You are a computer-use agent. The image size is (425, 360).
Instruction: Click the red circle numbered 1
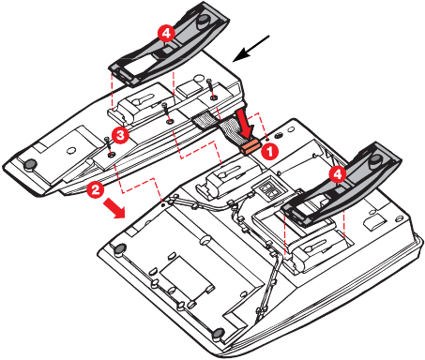point(269,151)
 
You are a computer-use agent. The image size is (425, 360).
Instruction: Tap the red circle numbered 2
point(96,189)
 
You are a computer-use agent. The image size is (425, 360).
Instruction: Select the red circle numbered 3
point(120,136)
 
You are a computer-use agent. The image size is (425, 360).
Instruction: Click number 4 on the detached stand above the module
point(166,33)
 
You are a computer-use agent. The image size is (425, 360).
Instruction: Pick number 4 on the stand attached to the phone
point(338,173)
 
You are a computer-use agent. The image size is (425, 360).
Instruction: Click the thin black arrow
point(251,48)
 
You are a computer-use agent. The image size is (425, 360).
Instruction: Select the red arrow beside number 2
point(114,209)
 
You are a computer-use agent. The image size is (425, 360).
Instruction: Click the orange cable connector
point(250,146)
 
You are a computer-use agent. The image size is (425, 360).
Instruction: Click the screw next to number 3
point(109,147)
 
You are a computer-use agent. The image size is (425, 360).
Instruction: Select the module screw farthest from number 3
point(212,90)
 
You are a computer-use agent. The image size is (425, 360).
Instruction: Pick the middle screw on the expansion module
point(167,113)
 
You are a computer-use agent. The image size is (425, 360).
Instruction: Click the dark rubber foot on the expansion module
point(31,164)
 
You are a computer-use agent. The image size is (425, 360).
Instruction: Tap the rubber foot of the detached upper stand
point(204,20)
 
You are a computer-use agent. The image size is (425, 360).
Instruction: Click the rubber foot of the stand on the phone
point(376,160)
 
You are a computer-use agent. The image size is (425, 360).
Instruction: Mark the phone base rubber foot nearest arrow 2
point(120,249)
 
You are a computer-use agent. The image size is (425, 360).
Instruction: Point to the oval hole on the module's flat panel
point(71,150)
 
